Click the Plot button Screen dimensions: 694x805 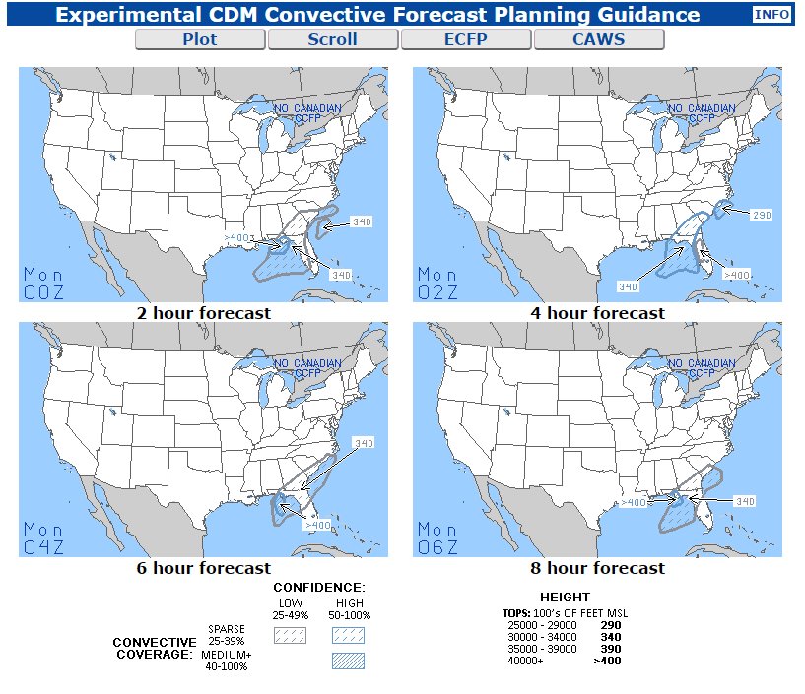[200, 40]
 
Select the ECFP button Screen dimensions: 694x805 [466, 40]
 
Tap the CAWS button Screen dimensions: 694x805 [599, 40]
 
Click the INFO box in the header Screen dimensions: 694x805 [771, 15]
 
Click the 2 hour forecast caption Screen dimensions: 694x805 [204, 313]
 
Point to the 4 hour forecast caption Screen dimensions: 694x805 [598, 313]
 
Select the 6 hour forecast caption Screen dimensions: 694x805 [204, 568]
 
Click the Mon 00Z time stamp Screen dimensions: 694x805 [43, 283]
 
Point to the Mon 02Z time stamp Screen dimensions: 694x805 [437, 283]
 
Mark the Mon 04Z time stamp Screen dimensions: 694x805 [43, 537]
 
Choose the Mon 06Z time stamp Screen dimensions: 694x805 [437, 537]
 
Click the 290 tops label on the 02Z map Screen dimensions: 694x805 [761, 215]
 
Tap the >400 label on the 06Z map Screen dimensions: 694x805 [634, 503]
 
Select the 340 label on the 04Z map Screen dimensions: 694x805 [364, 444]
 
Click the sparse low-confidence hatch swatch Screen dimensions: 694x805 [291, 636]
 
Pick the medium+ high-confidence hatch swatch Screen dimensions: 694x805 [348, 662]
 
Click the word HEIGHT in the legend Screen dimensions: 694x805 [565, 598]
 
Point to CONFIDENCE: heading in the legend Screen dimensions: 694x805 [319, 588]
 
